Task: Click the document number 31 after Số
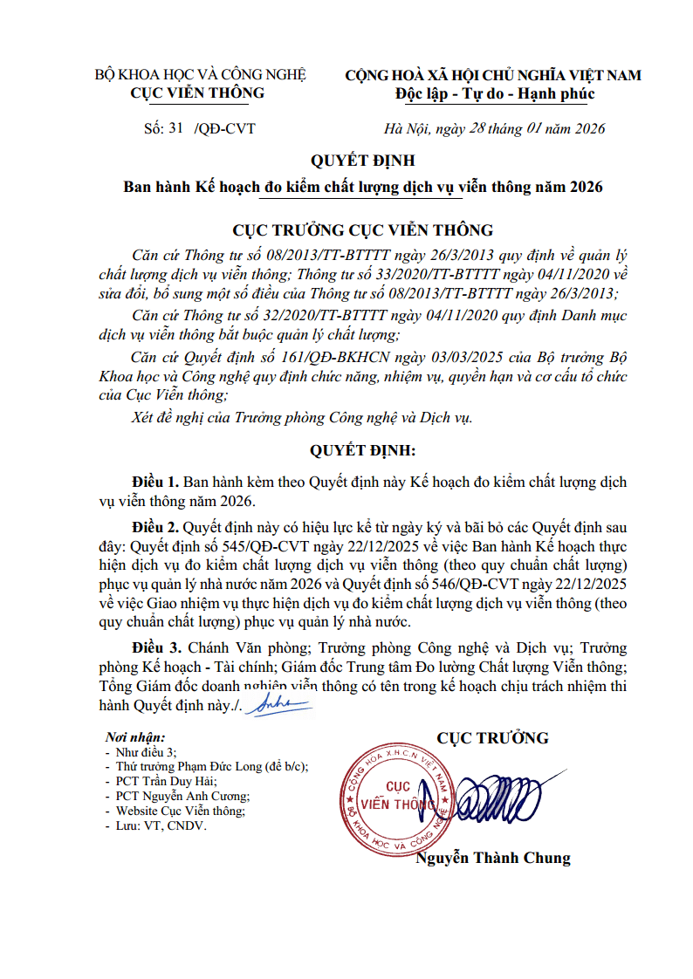point(176,129)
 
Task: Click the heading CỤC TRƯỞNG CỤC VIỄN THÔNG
point(362,230)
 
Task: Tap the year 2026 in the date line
point(590,129)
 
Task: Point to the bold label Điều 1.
point(155,483)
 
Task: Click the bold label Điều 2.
point(155,528)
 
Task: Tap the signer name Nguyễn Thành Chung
point(493,858)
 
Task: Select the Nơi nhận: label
point(135,737)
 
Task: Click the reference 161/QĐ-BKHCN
point(322,359)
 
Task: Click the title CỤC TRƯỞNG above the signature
point(493,738)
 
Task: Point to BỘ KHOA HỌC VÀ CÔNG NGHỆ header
point(200,75)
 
